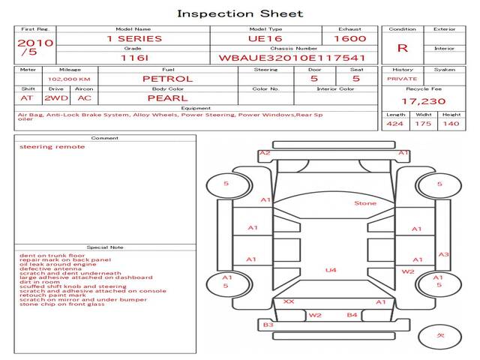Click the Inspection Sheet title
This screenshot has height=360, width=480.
[x=240, y=13]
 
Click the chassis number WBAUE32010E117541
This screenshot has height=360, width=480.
[x=292, y=58]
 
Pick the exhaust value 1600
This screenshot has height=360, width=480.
[x=350, y=38]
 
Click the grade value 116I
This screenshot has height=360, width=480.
[x=133, y=58]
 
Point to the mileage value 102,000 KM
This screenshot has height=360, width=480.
[x=69, y=78]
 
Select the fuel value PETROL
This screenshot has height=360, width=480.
[x=167, y=78]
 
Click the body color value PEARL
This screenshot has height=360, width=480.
[x=167, y=97]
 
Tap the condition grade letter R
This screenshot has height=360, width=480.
[x=403, y=48]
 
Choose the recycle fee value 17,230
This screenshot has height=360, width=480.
[x=423, y=100]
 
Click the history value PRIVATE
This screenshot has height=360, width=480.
[x=402, y=78]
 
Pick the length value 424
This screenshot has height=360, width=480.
[x=395, y=124]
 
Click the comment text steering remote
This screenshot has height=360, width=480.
[x=52, y=147]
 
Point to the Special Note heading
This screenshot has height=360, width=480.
[x=105, y=247]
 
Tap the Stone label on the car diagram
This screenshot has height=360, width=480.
[x=365, y=202]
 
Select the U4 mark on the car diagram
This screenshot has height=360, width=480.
[x=331, y=270]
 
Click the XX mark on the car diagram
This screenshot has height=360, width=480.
[x=288, y=301]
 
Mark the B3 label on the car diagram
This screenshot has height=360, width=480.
[x=268, y=324]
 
